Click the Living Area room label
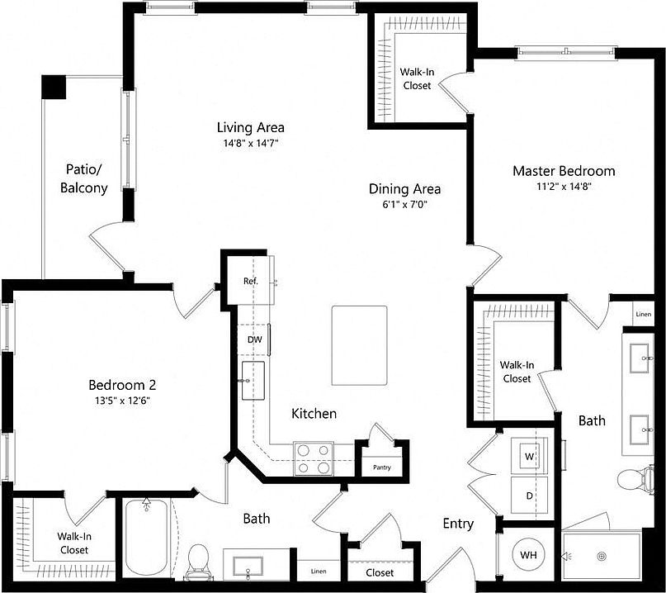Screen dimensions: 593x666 coord(250,127)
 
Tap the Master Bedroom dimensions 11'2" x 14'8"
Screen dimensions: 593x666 coord(564,187)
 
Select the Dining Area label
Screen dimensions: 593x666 coord(404,188)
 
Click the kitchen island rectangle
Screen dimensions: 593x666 coord(359,344)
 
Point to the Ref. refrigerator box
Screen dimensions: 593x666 coord(251,281)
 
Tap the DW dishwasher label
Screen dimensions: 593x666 coord(254,339)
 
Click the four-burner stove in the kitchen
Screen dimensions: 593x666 coord(314,458)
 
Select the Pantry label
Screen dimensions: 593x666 coord(381,467)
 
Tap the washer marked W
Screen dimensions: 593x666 coord(528,455)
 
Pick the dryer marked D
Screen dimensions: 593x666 coord(528,496)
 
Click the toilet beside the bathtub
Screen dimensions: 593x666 coord(199,561)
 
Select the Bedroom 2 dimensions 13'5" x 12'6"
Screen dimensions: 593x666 coord(122,401)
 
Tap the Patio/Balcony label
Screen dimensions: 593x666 coord(83,179)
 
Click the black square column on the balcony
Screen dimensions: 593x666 coord(54,87)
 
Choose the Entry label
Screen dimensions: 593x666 coord(458,524)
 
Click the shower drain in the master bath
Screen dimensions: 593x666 coord(602,556)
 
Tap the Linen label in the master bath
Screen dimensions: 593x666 coord(643,315)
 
